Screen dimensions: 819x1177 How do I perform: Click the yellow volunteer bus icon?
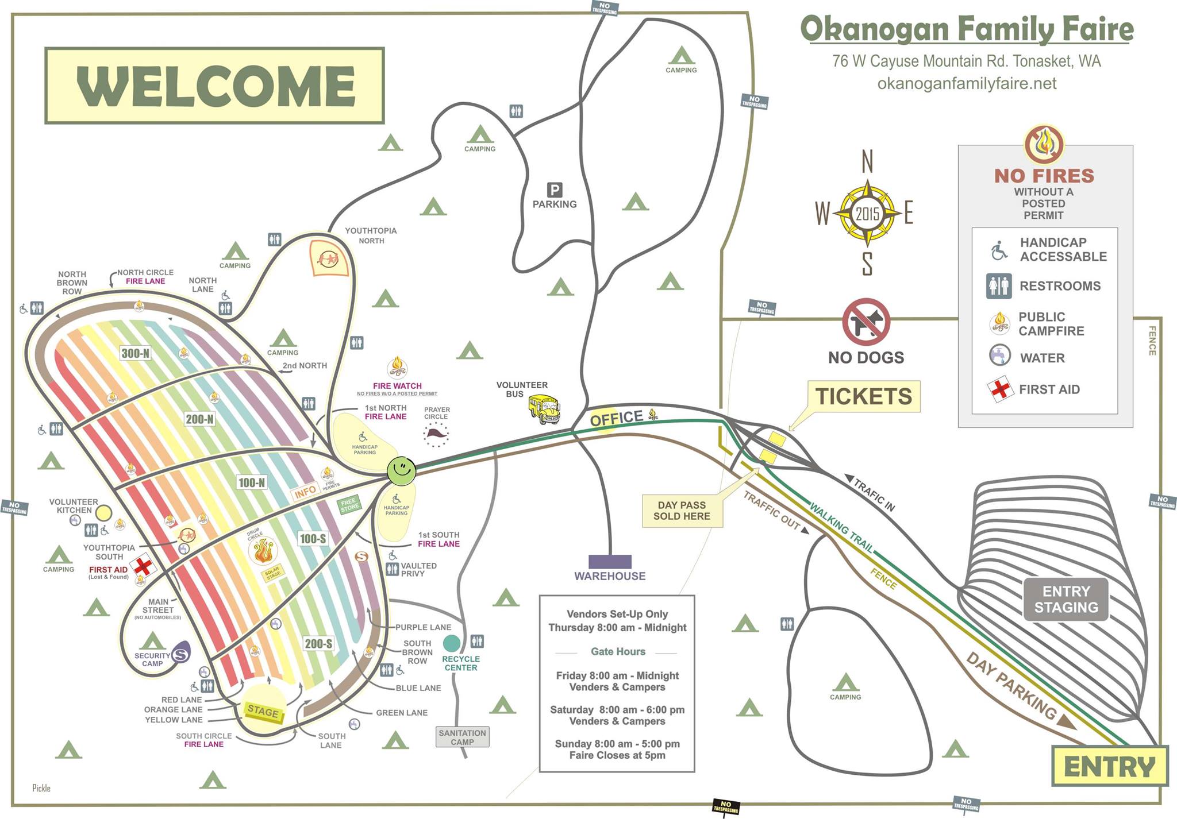point(544,408)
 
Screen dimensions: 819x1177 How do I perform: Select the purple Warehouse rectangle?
point(610,562)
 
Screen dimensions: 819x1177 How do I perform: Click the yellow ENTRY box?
point(1110,766)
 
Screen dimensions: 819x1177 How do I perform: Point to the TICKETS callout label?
point(864,396)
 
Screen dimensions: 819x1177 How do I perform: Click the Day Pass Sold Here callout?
point(682,511)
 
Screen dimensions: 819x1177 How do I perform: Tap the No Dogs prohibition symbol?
point(866,322)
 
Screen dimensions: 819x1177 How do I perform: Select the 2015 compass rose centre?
point(867,214)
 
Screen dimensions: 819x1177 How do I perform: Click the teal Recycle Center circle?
point(452,643)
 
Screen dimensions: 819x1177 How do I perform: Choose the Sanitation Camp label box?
point(462,737)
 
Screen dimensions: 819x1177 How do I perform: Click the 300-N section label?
point(136,353)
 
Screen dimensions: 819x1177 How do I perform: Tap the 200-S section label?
point(318,644)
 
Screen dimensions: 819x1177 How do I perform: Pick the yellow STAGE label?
point(263,712)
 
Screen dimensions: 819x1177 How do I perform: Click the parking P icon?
point(555,190)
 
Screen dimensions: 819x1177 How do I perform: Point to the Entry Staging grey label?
point(1066,599)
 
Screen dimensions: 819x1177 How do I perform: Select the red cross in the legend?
point(1000,389)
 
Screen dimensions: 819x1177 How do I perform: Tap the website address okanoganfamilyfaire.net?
point(967,84)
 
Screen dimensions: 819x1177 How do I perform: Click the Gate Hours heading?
point(618,651)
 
